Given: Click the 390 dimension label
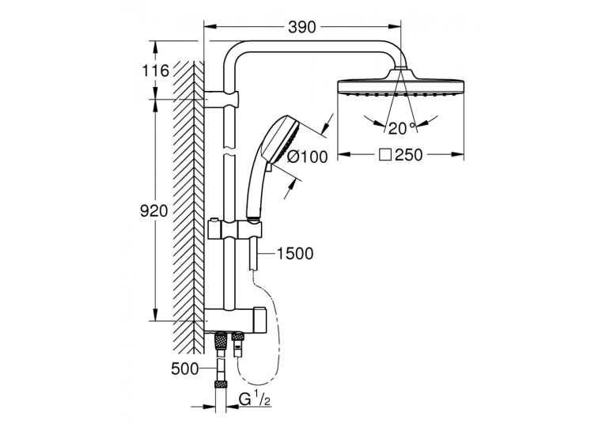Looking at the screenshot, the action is click(302, 27).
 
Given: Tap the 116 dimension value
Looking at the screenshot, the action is click(155, 70).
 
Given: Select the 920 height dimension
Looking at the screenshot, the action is click(153, 211).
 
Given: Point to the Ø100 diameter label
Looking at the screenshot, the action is click(308, 157).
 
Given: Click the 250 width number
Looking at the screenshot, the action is click(409, 155).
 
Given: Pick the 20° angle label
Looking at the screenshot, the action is click(402, 128).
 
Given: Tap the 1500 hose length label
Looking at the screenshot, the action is click(295, 254).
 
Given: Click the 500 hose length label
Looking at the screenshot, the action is click(185, 369).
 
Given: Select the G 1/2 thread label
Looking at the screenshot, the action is click(254, 399).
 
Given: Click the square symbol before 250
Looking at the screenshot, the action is click(385, 155).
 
